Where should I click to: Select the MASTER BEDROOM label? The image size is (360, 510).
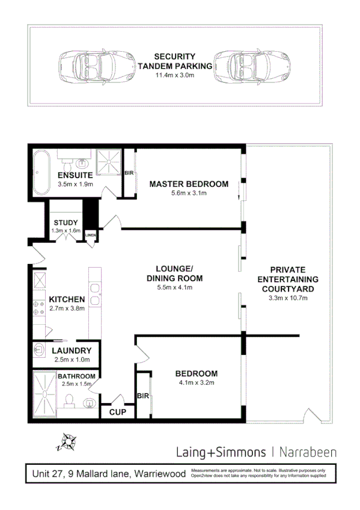(189, 183)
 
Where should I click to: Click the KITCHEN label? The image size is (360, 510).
(66, 299)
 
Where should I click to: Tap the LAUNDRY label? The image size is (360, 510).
(72, 351)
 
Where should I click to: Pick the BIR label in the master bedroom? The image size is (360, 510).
(128, 173)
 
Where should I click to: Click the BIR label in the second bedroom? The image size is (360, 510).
(142, 396)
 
